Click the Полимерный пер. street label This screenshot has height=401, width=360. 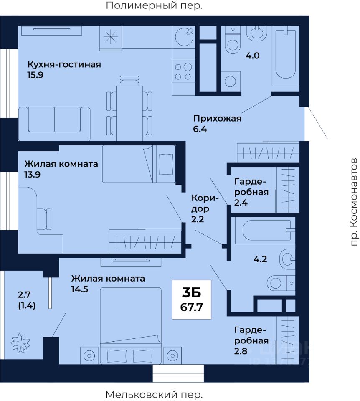click(154, 5)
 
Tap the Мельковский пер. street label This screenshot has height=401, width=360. click(154, 395)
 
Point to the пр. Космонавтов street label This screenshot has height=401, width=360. click(354, 202)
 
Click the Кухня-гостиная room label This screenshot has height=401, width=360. click(64, 64)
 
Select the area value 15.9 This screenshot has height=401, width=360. click(35, 75)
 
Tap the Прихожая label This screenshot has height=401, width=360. click(217, 118)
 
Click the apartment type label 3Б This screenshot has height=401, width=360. click(192, 293)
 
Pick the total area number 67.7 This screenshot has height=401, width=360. click(192, 307)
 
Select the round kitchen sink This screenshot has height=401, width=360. click(184, 37)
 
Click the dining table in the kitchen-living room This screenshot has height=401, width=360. click(129, 113)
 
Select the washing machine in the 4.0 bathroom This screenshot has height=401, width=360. click(231, 81)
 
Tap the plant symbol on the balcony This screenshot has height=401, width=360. click(20, 343)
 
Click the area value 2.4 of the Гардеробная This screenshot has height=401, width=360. click(241, 203)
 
